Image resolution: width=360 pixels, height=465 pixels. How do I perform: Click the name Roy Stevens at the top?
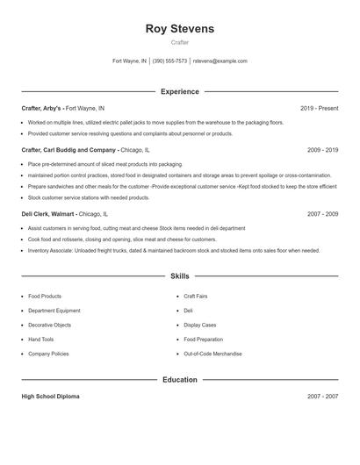point(179,29)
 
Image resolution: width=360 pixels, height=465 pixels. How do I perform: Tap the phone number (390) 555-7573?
point(169,61)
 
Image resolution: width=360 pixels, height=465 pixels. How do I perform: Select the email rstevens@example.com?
point(220,61)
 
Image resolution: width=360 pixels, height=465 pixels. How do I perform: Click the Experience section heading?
point(180,91)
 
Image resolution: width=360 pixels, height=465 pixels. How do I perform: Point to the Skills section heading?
point(180,276)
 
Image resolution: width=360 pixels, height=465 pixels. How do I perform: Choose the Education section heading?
point(180,380)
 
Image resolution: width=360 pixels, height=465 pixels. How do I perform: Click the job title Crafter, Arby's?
point(42,108)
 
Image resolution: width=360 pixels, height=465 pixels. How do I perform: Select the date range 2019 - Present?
point(319,108)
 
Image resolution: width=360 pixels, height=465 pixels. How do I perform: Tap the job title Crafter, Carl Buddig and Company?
point(69,150)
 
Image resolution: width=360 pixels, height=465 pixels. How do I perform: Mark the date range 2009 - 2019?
point(322,150)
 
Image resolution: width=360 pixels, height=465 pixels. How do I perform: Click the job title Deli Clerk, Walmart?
point(48,213)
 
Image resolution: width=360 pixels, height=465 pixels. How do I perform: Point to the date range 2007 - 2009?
point(322,213)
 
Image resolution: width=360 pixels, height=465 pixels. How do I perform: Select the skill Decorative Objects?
point(50,325)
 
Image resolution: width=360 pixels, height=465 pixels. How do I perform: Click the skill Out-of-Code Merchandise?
point(213,353)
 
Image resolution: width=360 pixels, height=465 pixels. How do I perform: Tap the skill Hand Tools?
point(41,339)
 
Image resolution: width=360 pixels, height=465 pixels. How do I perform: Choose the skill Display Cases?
point(200,325)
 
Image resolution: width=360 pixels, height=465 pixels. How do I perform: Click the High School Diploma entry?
point(50,397)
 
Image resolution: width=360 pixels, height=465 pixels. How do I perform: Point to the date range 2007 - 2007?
point(322,397)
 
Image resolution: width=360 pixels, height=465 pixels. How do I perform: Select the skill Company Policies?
point(48,353)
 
